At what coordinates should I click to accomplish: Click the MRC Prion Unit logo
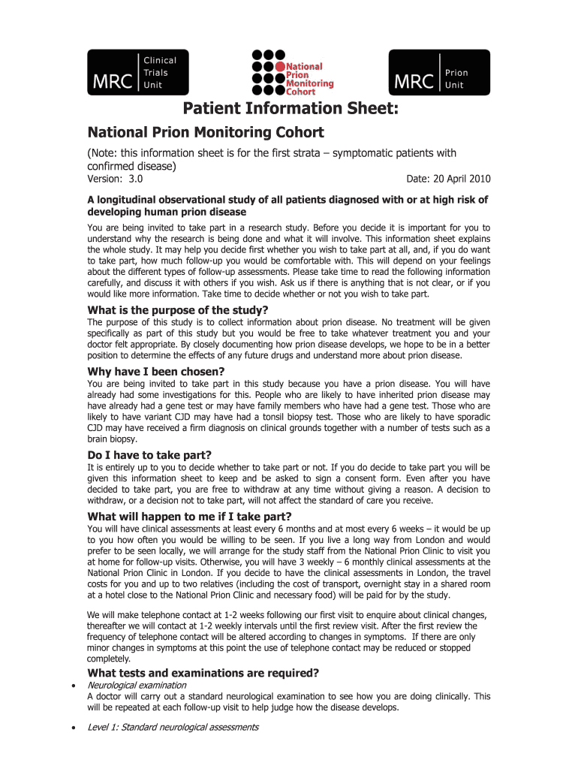(x=439, y=72)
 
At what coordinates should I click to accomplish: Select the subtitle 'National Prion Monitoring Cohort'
(x=206, y=133)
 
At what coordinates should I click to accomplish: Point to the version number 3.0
(x=136, y=179)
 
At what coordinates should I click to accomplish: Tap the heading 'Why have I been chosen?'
(x=156, y=372)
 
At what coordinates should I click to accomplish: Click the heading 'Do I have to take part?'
(x=149, y=455)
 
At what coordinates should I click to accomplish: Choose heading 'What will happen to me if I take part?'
(x=189, y=517)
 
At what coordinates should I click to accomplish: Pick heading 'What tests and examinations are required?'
(x=203, y=672)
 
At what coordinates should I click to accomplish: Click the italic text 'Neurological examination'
(x=137, y=686)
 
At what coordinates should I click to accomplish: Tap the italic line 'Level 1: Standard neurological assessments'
(x=173, y=727)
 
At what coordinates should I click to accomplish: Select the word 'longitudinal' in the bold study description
(x=131, y=200)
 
